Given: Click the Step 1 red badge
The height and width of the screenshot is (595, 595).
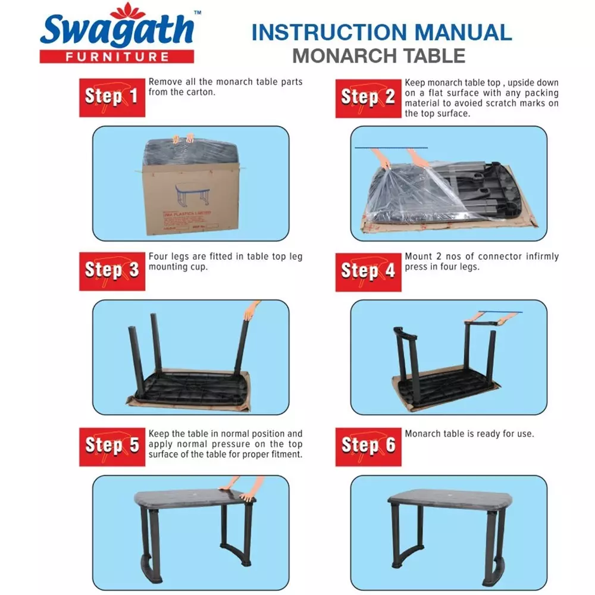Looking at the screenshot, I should point(112,97).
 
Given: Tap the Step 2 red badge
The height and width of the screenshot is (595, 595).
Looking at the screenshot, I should point(368,97).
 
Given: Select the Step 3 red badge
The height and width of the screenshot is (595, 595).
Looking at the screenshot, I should point(112,271).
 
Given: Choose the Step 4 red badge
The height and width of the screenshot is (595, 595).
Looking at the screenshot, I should point(368,271).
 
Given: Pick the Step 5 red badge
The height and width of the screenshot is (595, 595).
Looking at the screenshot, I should point(112,445).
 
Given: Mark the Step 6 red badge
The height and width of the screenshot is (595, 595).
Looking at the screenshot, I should point(368,445).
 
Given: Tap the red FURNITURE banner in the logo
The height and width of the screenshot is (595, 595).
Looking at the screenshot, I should point(117,57).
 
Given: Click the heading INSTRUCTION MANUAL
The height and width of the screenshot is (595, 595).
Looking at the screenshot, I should point(381,32).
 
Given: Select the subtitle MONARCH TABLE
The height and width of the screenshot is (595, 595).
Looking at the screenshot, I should point(378,55).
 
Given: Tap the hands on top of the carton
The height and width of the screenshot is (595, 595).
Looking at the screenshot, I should point(183,138).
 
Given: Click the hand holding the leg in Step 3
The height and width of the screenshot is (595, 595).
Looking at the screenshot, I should point(252,310).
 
